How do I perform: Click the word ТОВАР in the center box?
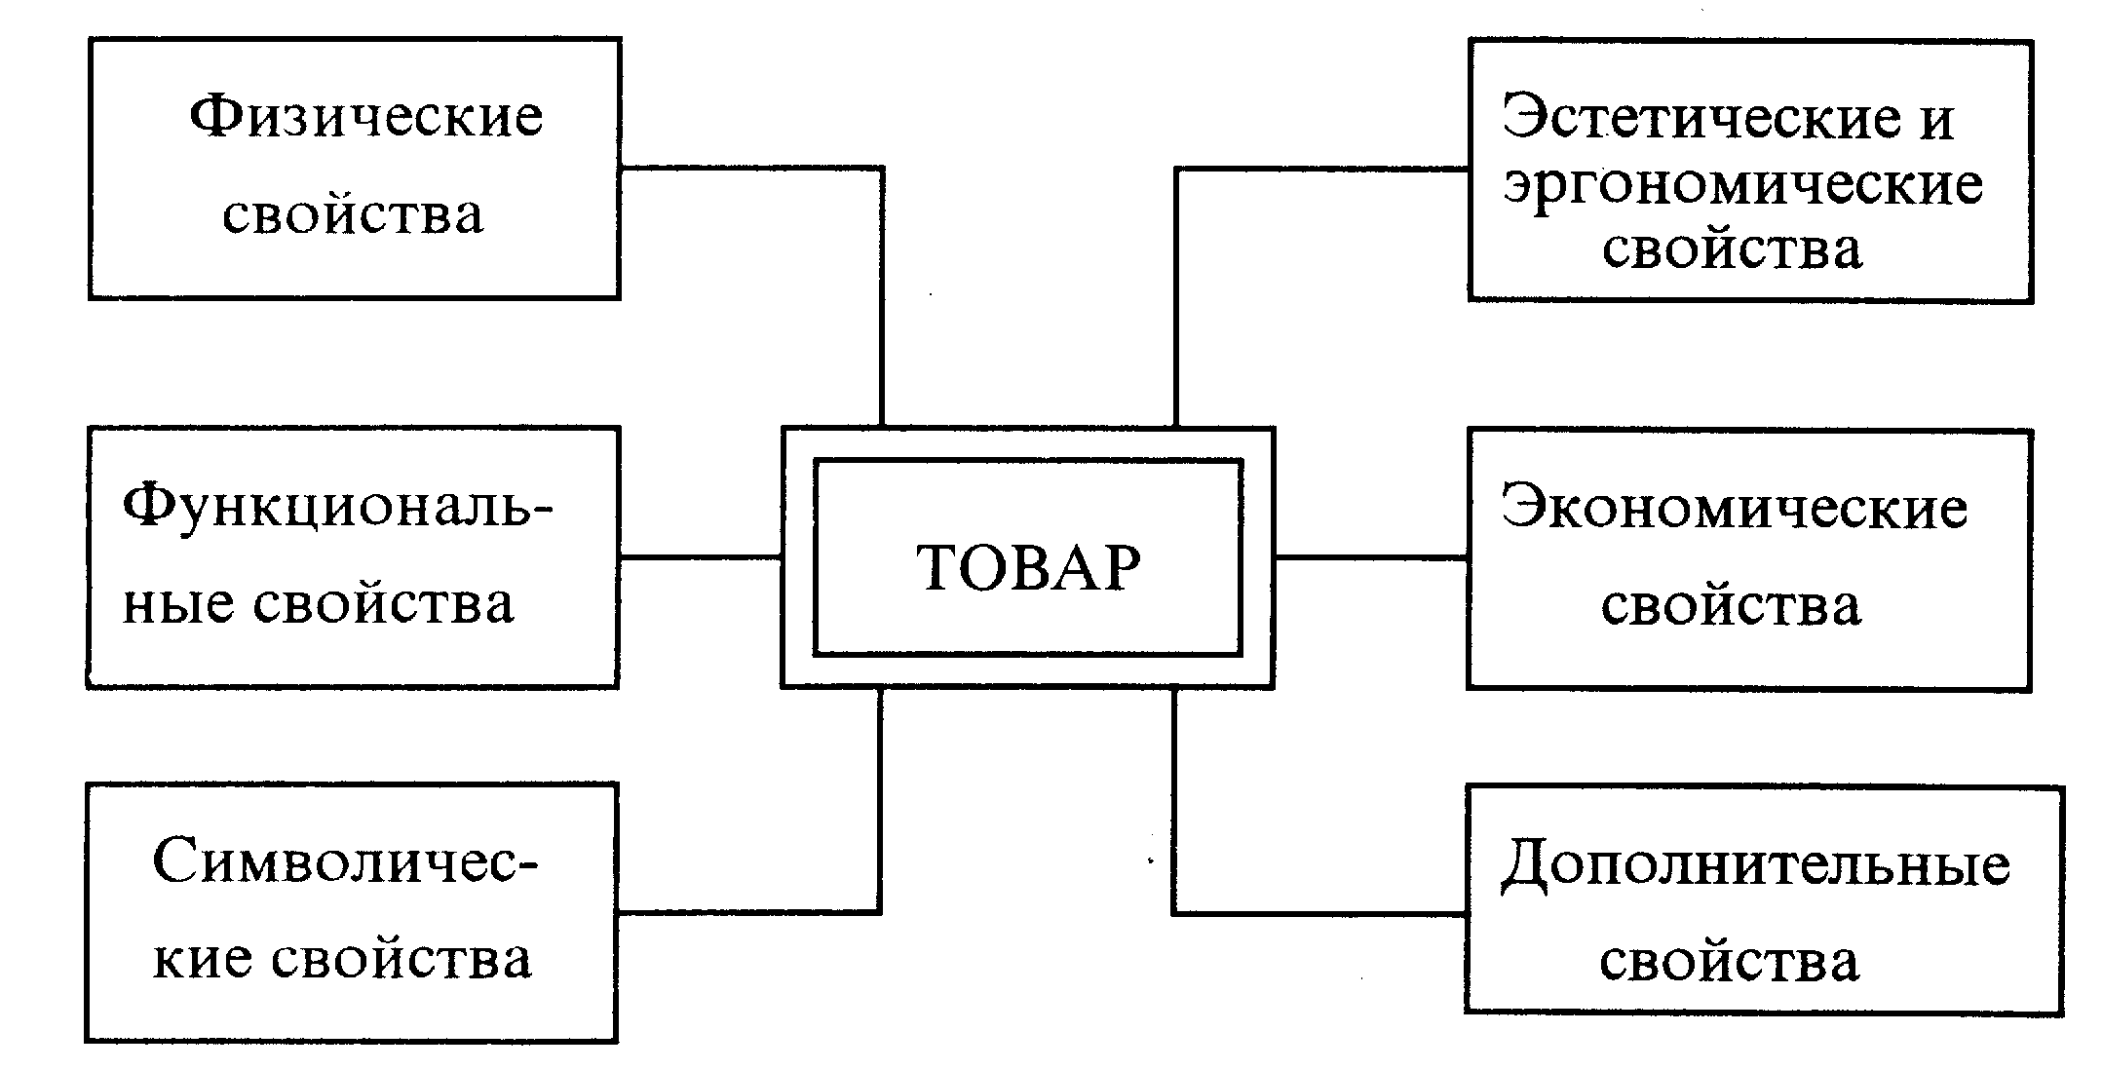coord(1028,567)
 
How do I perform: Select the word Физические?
coord(365,118)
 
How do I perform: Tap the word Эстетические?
coord(1701,118)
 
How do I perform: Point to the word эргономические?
coord(1742,185)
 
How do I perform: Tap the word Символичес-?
coord(345,862)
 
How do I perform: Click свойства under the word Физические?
coord(353,215)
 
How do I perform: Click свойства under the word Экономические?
coord(1731,605)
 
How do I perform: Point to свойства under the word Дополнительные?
coord(1730,961)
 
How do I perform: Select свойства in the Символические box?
coord(401,959)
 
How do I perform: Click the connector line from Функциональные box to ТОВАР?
coord(701,557)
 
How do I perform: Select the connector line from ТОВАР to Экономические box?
coord(1371,558)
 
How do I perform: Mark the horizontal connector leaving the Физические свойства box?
coord(751,169)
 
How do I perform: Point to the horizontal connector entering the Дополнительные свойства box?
coord(1319,913)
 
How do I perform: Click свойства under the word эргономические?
coord(1732,249)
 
